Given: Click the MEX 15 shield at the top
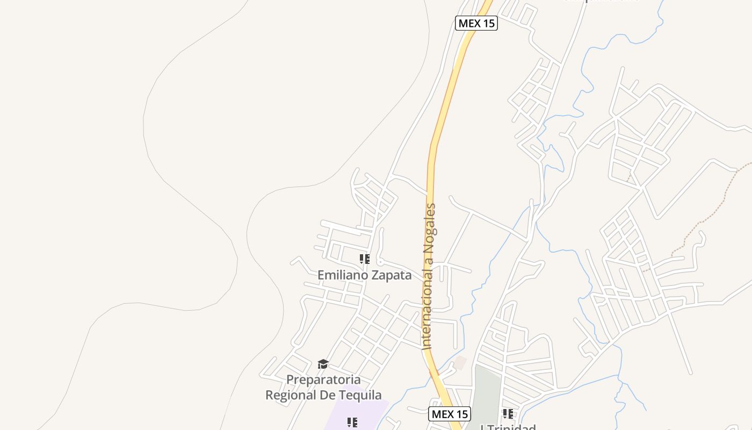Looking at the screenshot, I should pos(476,23).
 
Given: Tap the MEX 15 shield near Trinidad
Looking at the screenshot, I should pos(450,414).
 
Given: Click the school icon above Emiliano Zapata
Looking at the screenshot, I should pos(365,260).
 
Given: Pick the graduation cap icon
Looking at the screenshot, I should pos(323,364).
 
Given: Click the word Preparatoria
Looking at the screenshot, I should pos(323,379).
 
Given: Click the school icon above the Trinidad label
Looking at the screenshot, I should pos(508,413).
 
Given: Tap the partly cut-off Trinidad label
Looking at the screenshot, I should pos(508,427).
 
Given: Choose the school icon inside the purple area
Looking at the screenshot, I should pos(352,422).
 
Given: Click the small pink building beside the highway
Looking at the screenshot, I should pos(460,363).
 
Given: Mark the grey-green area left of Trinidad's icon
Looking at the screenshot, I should pos(486,392).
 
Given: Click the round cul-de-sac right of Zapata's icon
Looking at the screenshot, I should pos(380,262).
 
